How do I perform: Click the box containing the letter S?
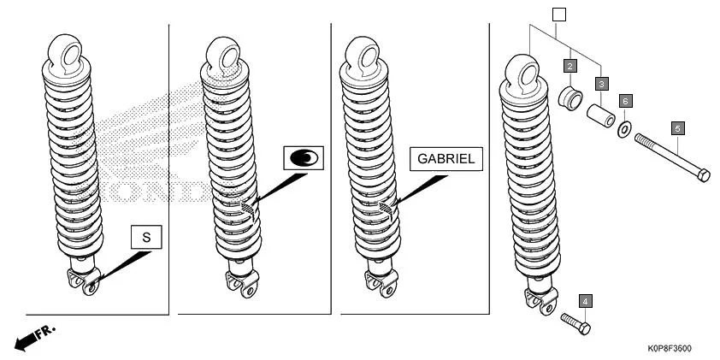coord(145,239)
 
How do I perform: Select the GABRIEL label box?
coord(446,159)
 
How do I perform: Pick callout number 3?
coord(602,84)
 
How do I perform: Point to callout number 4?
coord(585,301)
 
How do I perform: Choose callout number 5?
coord(677,128)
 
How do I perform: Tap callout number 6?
coord(625,101)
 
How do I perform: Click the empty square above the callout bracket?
coord(559,15)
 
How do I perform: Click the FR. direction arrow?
coord(34,336)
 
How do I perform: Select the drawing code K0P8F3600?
coord(670,349)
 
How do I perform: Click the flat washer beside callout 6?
coord(625,128)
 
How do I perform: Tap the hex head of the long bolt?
coord(703,175)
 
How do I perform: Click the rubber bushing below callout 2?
coord(568,96)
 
